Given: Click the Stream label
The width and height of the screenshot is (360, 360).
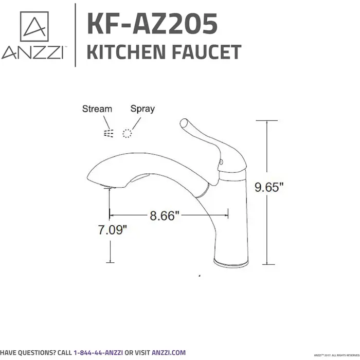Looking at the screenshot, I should (97, 109).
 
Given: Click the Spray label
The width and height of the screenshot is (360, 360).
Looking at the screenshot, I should (142, 109).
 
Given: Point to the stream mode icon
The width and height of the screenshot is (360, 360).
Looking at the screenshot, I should (107, 134).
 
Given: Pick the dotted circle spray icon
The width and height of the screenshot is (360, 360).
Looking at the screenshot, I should (127, 134).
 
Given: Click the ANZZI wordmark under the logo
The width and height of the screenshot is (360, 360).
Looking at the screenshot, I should (32, 53).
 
